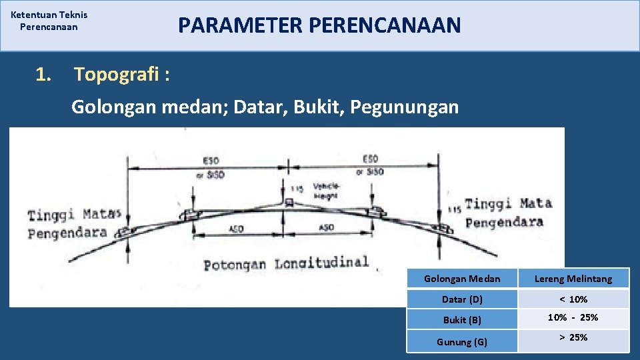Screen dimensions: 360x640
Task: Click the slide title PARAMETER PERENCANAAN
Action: click(x=319, y=25)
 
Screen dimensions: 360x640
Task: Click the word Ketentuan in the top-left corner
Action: click(x=33, y=14)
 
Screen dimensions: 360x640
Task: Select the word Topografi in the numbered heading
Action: click(x=115, y=75)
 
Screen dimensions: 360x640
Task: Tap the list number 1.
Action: click(x=43, y=75)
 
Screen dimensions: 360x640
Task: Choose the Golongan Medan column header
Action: click(x=462, y=278)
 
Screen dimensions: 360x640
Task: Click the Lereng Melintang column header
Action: click(x=573, y=278)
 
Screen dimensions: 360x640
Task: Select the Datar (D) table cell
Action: click(x=462, y=299)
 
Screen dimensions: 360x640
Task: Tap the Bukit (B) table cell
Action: click(x=462, y=320)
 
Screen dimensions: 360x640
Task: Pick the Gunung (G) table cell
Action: click(x=462, y=342)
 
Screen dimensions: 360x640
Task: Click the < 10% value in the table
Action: click(x=573, y=299)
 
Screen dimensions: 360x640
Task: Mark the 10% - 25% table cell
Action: click(x=573, y=318)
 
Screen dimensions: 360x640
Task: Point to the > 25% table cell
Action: click(x=573, y=338)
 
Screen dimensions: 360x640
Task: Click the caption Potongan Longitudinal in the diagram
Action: click(x=286, y=263)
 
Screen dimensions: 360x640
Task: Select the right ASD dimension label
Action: click(x=327, y=227)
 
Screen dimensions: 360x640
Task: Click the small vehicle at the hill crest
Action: click(x=289, y=201)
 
